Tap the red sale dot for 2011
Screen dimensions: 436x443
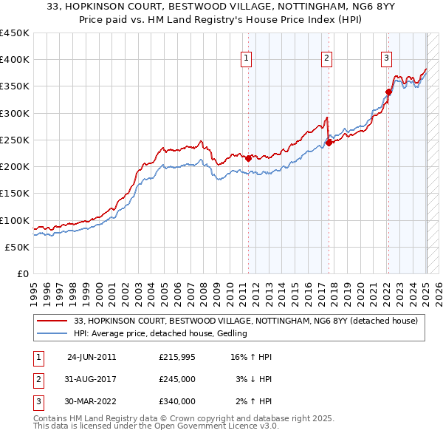coord(248,157)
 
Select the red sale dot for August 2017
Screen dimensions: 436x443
coord(329,143)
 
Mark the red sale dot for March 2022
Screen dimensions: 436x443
coord(388,92)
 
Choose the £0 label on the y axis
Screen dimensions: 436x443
coord(21,273)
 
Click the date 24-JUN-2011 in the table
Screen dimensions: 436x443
coord(92,357)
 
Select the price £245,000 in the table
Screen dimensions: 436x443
coord(177,379)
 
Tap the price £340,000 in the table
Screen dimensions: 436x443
coord(177,401)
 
